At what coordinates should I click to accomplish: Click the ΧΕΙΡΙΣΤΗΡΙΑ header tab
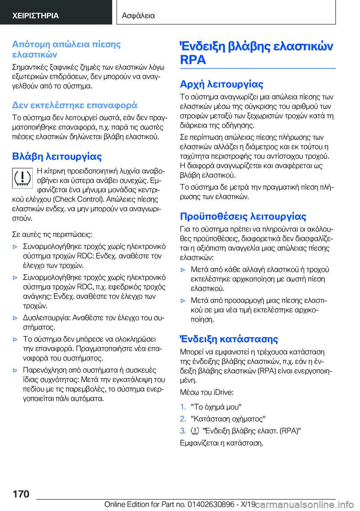(x=36, y=15)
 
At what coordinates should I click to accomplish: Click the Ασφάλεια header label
(x=138, y=15)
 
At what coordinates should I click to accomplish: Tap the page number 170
(x=21, y=494)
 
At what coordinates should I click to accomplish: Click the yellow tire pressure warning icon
(x=22, y=178)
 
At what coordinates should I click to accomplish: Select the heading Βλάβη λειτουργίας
(x=57, y=156)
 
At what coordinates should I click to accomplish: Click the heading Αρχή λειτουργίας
(x=221, y=84)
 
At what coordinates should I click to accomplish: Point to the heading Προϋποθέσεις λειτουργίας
(x=243, y=216)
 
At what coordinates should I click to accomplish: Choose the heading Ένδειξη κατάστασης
(x=229, y=339)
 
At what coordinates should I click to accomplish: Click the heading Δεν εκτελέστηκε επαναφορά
(x=75, y=105)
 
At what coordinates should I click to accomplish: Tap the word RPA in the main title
(x=193, y=60)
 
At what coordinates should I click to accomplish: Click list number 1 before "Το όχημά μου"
(x=183, y=407)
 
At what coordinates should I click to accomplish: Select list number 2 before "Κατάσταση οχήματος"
(x=183, y=419)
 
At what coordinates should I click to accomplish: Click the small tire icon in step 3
(x=195, y=431)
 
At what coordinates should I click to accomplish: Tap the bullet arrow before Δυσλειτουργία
(x=15, y=318)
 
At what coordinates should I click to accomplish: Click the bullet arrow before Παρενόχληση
(x=15, y=370)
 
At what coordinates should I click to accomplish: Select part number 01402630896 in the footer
(x=211, y=504)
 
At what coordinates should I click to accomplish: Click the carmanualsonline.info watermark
(x=304, y=504)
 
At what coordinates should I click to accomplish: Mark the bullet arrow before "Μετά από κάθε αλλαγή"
(x=183, y=270)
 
